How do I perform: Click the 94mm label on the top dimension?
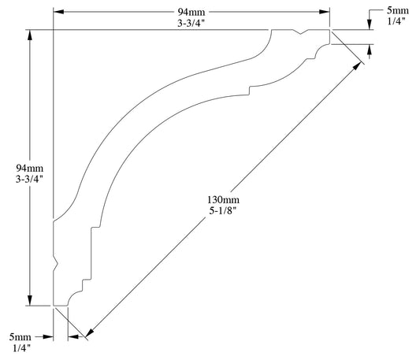point(192,11)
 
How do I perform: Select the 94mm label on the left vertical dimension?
point(28,169)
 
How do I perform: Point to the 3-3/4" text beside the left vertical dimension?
point(28,180)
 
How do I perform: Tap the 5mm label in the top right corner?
point(398,10)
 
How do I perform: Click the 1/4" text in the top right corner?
point(398,22)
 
